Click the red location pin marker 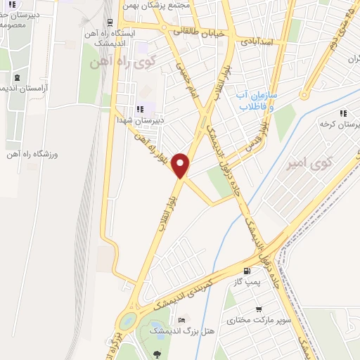coord(181,165)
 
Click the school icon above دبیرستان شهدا coord(140,109)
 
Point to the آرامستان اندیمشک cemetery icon coord(17,77)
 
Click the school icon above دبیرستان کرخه coord(343,113)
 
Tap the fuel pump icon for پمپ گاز coord(246,271)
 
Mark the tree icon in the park coord(156,354)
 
